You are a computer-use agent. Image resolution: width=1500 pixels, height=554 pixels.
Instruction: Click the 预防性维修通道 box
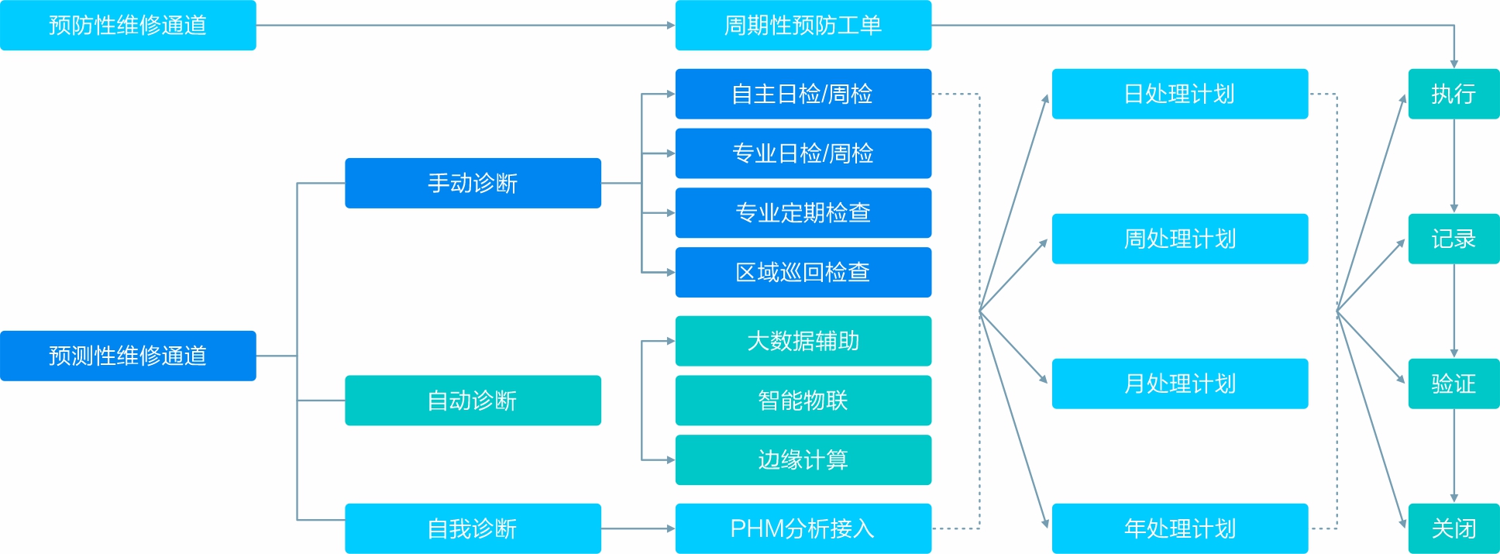click(128, 26)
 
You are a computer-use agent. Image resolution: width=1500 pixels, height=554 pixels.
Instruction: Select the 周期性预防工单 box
click(803, 26)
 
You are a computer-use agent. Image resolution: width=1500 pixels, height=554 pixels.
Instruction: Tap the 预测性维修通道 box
click(128, 356)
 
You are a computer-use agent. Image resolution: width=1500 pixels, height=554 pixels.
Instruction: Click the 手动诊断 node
click(473, 183)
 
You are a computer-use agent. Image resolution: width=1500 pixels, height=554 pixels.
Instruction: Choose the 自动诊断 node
click(473, 401)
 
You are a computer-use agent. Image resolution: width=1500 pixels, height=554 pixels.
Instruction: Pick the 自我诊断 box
click(473, 528)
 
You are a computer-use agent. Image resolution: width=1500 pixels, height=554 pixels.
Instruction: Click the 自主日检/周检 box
click(803, 94)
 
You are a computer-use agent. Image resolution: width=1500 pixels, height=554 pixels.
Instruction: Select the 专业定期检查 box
click(803, 213)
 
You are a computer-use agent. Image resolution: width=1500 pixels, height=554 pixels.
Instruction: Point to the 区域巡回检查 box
click(803, 272)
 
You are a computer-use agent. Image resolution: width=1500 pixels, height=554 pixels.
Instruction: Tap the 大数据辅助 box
click(803, 341)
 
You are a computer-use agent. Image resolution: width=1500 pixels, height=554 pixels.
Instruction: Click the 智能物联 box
click(803, 401)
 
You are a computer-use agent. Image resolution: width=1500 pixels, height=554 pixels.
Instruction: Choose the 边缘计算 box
click(803, 460)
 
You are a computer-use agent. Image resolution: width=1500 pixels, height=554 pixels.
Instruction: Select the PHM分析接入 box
click(803, 528)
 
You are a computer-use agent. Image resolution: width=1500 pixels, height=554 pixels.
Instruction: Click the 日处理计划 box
click(1179, 94)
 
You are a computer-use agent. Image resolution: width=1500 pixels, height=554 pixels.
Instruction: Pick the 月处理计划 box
click(1179, 384)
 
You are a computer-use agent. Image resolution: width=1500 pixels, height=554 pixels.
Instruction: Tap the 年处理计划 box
click(1179, 528)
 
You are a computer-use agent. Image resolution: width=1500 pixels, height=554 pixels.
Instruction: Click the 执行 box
click(1454, 94)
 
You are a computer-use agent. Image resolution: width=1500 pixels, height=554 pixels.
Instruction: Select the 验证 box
click(1454, 384)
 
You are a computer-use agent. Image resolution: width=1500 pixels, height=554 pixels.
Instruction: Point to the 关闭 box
click(1454, 528)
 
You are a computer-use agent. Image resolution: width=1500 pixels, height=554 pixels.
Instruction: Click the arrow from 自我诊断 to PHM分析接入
click(638, 528)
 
